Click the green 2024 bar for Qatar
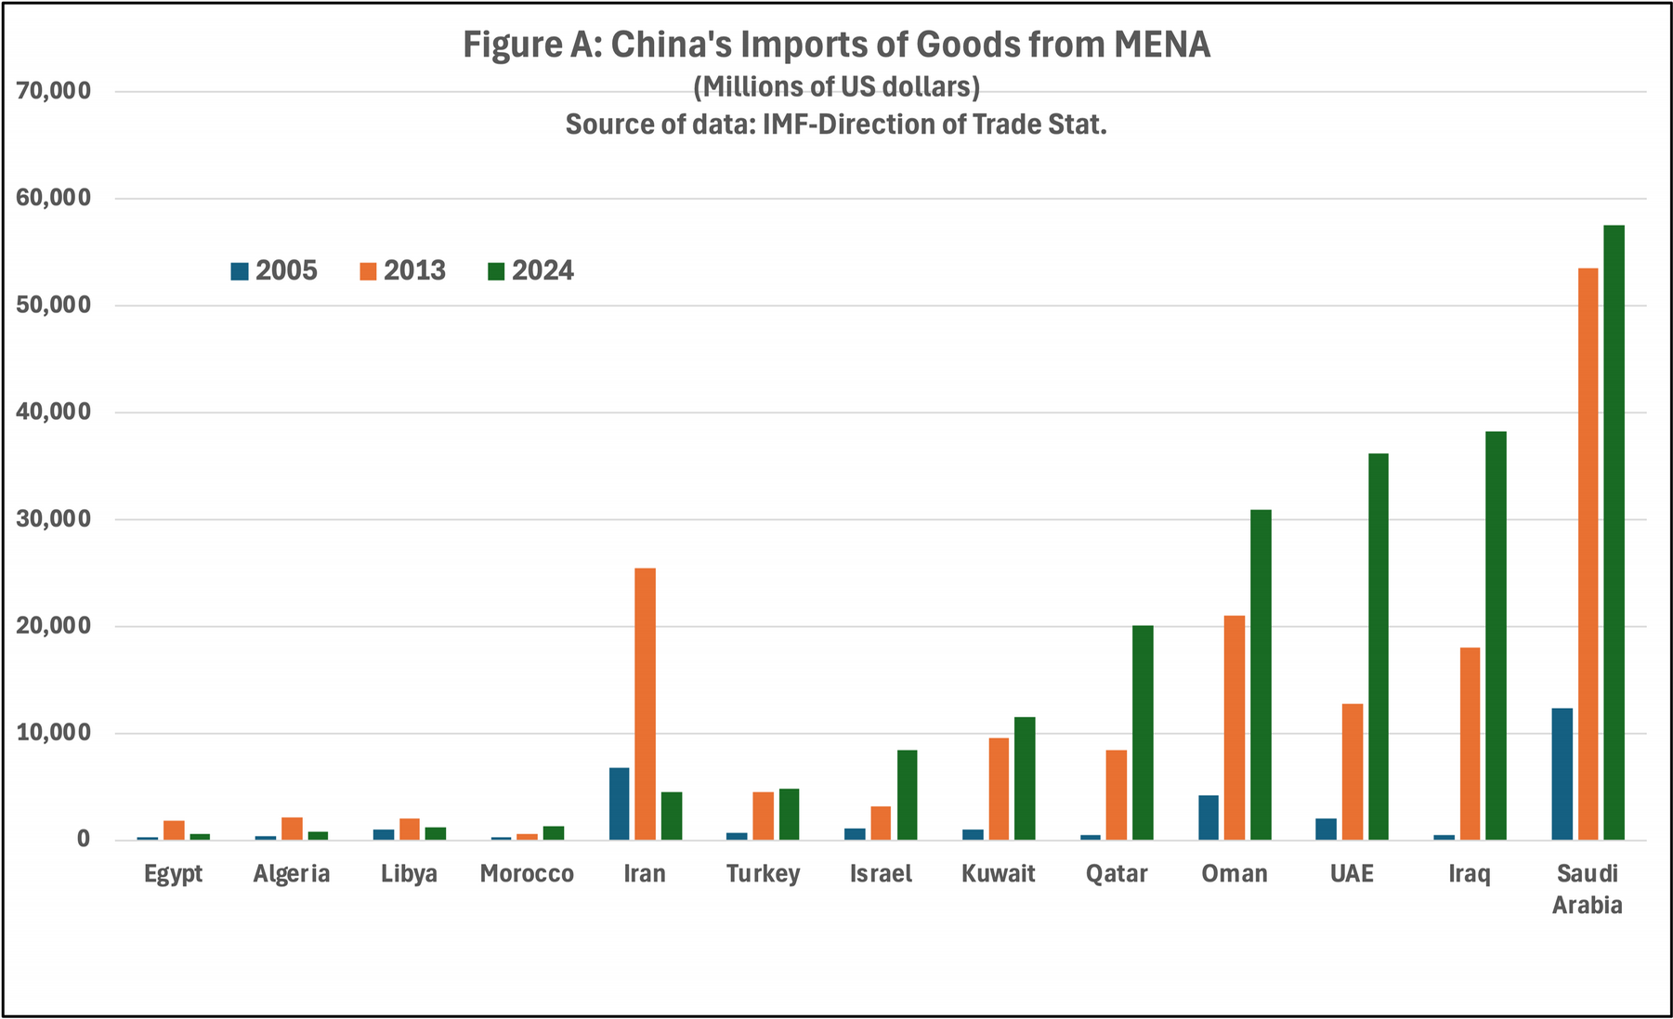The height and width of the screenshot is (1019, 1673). coord(1142,733)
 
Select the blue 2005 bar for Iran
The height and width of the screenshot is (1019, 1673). coord(619,803)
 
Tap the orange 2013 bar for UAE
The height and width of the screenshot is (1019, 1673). coord(1353,772)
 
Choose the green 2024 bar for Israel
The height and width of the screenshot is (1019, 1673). coord(907,795)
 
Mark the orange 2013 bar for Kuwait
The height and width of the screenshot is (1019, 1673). coord(999,789)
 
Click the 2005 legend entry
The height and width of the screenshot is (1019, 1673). coord(275,270)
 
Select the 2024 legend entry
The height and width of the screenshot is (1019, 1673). coord(531,270)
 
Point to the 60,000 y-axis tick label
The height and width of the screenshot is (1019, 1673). coord(53,198)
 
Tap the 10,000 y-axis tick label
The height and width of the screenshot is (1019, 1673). coord(53,733)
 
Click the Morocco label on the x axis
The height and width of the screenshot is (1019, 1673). coord(527,874)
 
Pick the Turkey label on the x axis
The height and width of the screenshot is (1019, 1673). coord(763,874)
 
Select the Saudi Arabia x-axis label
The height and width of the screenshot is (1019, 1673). coord(1588,889)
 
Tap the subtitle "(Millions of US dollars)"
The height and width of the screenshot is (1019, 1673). coord(836,86)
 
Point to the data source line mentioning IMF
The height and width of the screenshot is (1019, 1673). coord(836,124)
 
